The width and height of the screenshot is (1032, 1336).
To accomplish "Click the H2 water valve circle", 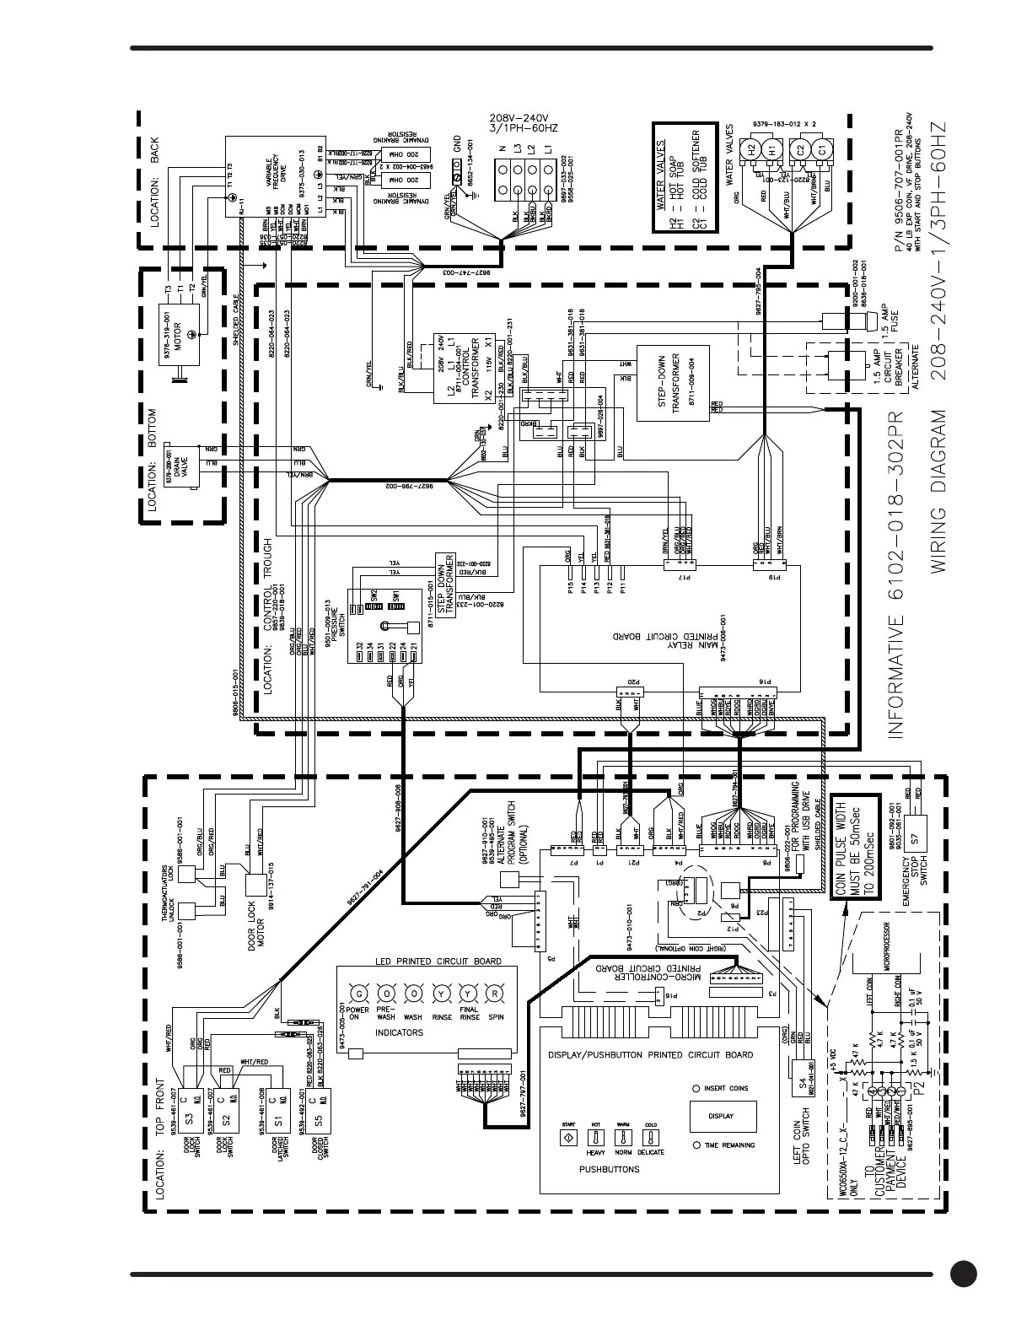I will coord(749,149).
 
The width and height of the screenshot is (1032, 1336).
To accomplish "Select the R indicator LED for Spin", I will coord(496,992).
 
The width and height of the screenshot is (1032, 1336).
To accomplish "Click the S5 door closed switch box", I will coord(318,1118).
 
